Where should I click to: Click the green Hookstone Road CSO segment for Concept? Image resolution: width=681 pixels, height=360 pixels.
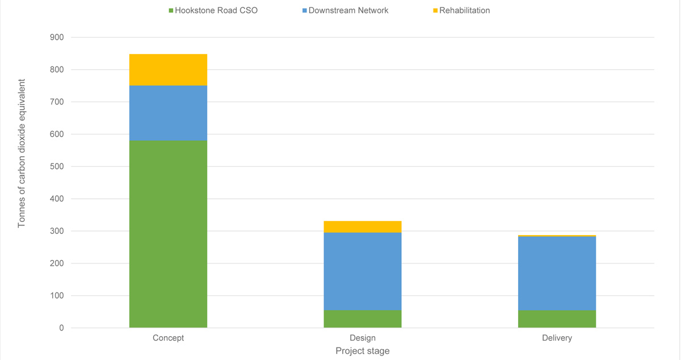(168, 234)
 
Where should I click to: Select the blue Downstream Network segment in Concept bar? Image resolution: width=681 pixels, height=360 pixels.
(168, 113)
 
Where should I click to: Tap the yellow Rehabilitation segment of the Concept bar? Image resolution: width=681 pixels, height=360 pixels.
(168, 70)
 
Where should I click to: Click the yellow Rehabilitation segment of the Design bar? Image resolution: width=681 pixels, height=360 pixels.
(363, 227)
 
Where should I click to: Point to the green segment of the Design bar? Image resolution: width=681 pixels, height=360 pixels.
(363, 319)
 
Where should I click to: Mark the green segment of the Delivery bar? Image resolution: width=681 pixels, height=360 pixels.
(557, 319)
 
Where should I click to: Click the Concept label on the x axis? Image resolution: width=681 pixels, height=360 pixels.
(168, 338)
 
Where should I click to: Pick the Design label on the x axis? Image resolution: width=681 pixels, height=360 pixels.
(363, 338)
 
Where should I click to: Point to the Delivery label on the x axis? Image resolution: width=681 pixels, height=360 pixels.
(557, 338)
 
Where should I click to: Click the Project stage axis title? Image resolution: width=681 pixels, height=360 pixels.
(363, 351)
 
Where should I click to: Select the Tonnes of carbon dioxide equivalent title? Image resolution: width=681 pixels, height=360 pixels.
(22, 153)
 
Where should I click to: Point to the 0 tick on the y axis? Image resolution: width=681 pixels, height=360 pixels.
(60, 328)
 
